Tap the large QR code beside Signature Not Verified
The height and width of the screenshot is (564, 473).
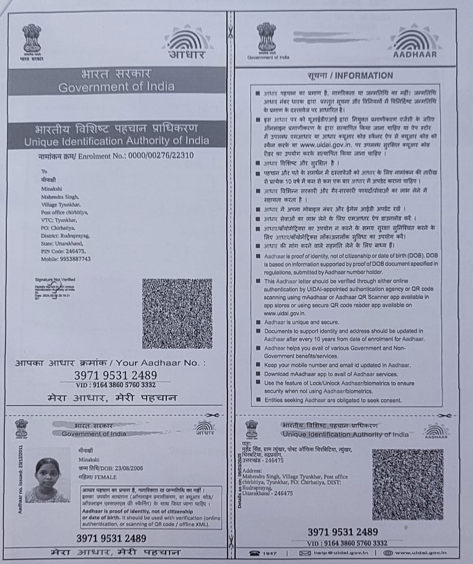click(x=177, y=313)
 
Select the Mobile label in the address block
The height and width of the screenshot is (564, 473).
click(x=51, y=259)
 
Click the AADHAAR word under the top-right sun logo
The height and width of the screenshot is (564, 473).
click(x=415, y=54)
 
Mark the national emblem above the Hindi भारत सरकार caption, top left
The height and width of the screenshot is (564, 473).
click(x=32, y=38)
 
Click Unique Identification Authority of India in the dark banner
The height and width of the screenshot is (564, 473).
click(x=117, y=142)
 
